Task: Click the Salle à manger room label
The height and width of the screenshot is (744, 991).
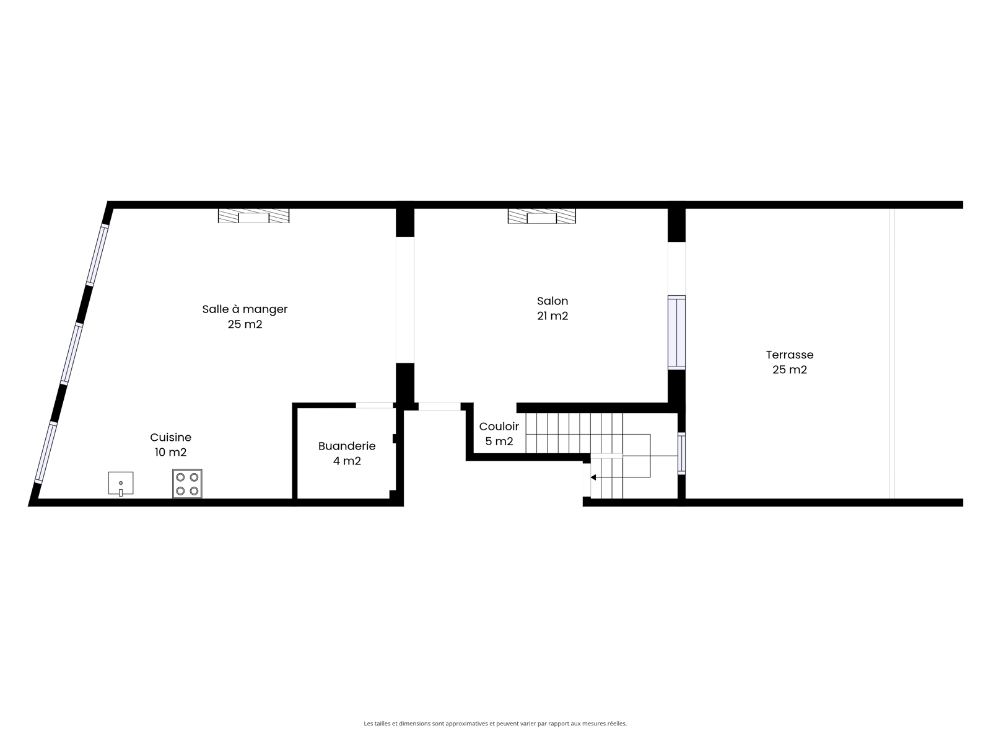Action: (x=245, y=309)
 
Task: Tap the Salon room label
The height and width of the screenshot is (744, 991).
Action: (x=552, y=301)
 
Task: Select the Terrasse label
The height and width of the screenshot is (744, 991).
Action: (x=790, y=355)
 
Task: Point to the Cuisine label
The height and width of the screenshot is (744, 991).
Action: (x=171, y=437)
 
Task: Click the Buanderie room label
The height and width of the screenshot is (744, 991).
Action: (x=347, y=446)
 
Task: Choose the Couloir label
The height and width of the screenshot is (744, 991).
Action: (x=499, y=427)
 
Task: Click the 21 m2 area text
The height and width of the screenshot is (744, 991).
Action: (x=552, y=316)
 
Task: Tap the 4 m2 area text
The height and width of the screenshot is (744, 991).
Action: (x=347, y=461)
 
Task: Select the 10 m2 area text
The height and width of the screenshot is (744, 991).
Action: (x=171, y=452)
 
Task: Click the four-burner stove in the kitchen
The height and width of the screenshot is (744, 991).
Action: (x=187, y=484)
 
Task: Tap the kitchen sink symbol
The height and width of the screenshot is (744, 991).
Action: (x=121, y=484)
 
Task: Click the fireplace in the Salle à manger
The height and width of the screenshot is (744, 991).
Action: (x=254, y=216)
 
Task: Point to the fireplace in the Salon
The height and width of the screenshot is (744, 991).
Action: (x=542, y=216)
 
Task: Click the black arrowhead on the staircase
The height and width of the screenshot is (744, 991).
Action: (x=593, y=477)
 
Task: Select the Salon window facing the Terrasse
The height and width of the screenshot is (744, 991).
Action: (x=676, y=332)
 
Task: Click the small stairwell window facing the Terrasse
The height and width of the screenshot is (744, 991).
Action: (x=681, y=454)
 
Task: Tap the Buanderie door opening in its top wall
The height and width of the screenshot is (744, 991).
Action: (x=374, y=405)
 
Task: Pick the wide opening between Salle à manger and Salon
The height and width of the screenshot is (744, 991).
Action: (x=405, y=300)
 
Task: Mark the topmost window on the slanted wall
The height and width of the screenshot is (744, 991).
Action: (x=97, y=255)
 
